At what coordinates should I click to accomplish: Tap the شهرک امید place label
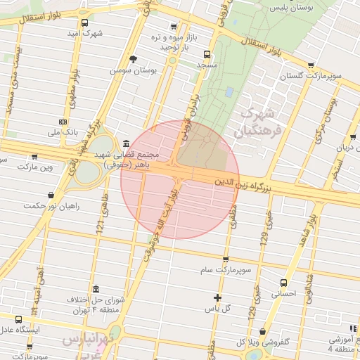pyautogui.click(x=85, y=33)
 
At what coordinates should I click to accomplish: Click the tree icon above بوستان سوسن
pyautogui.click(x=132, y=59)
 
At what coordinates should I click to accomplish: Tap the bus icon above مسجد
pyautogui.click(x=206, y=53)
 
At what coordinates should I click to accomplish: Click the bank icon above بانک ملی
pyautogui.click(x=64, y=120)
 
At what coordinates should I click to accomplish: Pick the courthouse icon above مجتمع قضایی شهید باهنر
pyautogui.click(x=125, y=143)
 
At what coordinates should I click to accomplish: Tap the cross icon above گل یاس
pyautogui.click(x=217, y=297)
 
